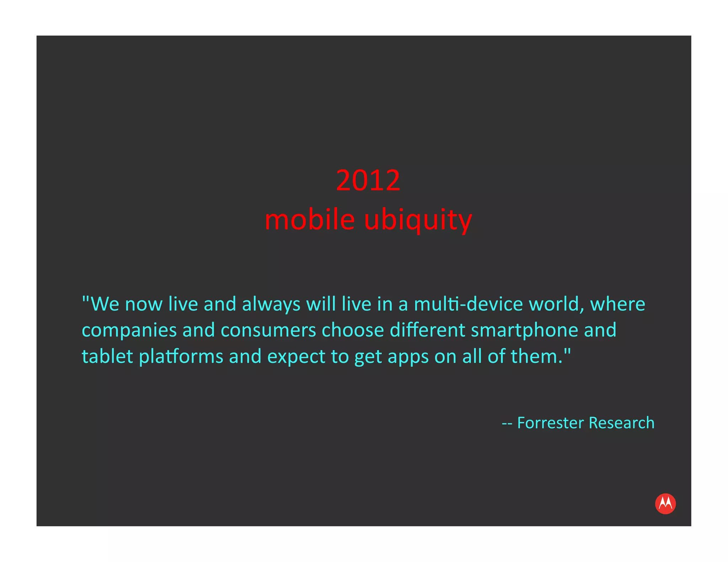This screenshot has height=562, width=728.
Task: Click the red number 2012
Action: pyautogui.click(x=368, y=180)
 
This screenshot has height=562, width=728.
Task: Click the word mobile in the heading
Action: pyautogui.click(x=310, y=220)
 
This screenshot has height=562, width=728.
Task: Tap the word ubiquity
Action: pyautogui.click(x=418, y=220)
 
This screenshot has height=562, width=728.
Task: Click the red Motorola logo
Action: pyautogui.click(x=665, y=503)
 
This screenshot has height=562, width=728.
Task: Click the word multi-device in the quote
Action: pyautogui.click(x=468, y=304)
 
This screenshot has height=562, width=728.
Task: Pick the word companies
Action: pyautogui.click(x=129, y=330)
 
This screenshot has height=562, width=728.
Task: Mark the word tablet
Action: pyautogui.click(x=107, y=356)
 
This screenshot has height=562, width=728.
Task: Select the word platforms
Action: pyautogui.click(x=181, y=356)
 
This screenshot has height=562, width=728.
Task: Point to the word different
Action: pyautogui.click(x=427, y=330)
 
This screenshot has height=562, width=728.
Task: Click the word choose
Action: pyautogui.click(x=353, y=330)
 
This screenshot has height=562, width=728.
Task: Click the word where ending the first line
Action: pyautogui.click(x=617, y=304)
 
